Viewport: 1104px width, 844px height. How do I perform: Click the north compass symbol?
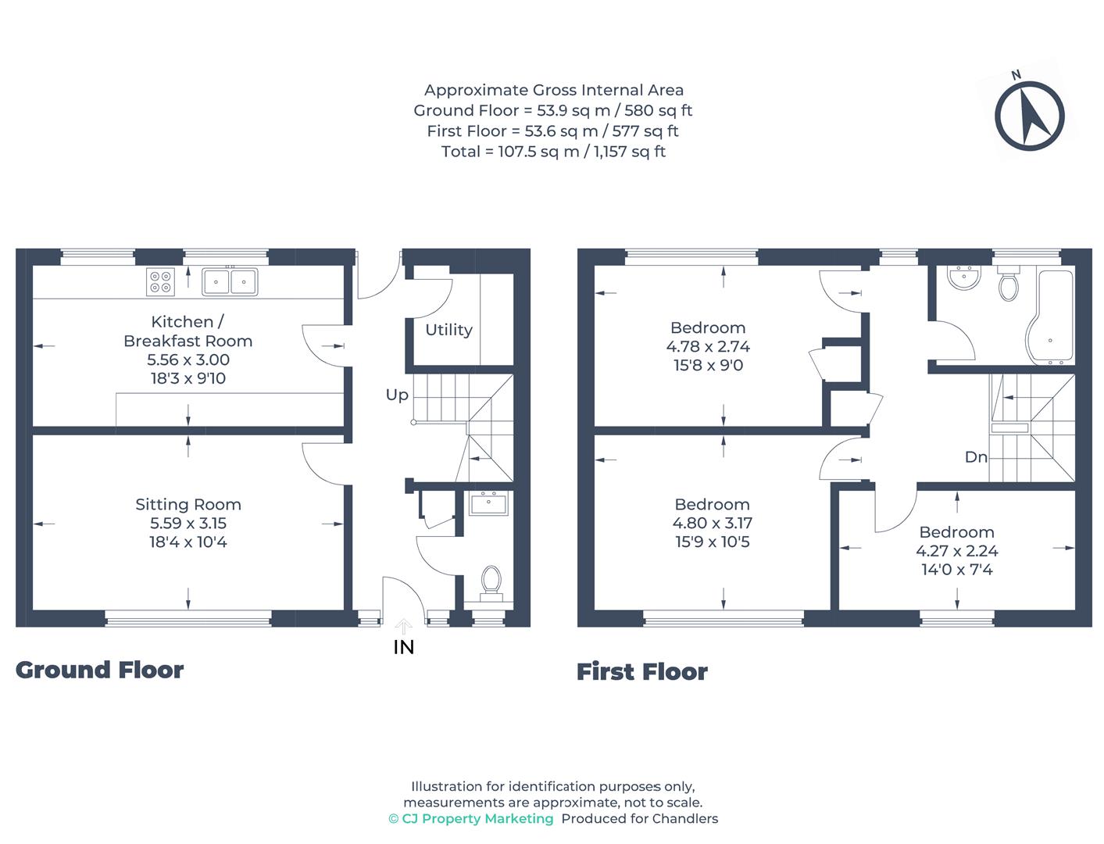tap(1029, 116)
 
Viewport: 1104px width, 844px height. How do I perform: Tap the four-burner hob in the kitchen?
tap(161, 282)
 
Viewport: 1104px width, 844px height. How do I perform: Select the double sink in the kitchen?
tap(230, 281)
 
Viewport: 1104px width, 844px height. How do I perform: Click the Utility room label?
tap(448, 330)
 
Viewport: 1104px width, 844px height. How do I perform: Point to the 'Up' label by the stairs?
tap(397, 395)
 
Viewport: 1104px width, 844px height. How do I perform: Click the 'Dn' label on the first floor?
tap(976, 457)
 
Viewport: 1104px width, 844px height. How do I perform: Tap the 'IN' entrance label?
tap(404, 647)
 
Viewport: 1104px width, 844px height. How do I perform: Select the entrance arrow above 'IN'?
tap(403, 626)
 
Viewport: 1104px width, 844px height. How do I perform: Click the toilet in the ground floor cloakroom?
tap(491, 582)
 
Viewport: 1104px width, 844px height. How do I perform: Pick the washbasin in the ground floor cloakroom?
tap(489, 503)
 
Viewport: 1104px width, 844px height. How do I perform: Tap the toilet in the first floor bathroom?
tap(1009, 284)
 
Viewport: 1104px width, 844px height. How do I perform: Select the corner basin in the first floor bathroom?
tap(963, 277)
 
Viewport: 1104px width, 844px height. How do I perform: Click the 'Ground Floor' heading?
tap(99, 670)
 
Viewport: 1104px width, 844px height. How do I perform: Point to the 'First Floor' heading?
tap(641, 671)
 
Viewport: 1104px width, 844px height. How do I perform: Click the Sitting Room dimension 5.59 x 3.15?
tap(188, 524)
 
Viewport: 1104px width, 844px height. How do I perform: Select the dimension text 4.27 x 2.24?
tap(956, 551)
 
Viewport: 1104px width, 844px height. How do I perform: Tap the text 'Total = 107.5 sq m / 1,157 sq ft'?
tap(553, 152)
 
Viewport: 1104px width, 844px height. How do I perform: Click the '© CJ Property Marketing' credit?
tap(471, 818)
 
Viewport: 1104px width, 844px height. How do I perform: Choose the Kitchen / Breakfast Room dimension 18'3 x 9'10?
tap(188, 379)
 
